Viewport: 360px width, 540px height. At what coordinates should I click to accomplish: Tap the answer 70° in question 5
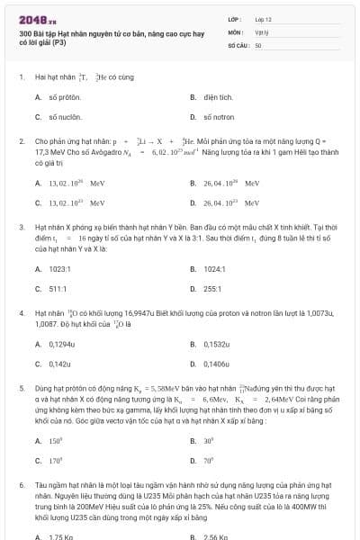[x=209, y=460]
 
